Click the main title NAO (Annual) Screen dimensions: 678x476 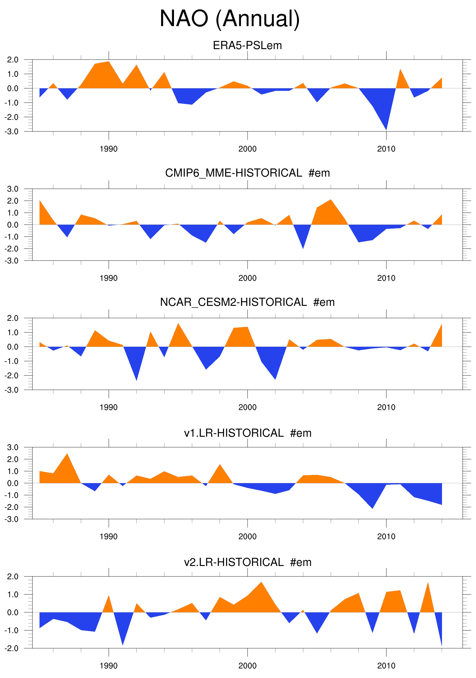click(230, 19)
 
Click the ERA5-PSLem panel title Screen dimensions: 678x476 click(247, 45)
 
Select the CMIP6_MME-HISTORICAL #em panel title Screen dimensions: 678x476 click(247, 173)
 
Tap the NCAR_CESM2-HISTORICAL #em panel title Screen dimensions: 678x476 click(247, 302)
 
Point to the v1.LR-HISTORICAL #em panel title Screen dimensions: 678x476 click(247, 433)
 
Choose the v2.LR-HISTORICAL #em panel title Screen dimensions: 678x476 click(247, 562)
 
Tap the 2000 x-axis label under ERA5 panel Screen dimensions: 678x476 click(247, 149)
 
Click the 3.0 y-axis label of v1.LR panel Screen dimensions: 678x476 click(13, 447)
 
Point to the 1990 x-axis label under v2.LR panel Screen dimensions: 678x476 click(108, 666)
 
